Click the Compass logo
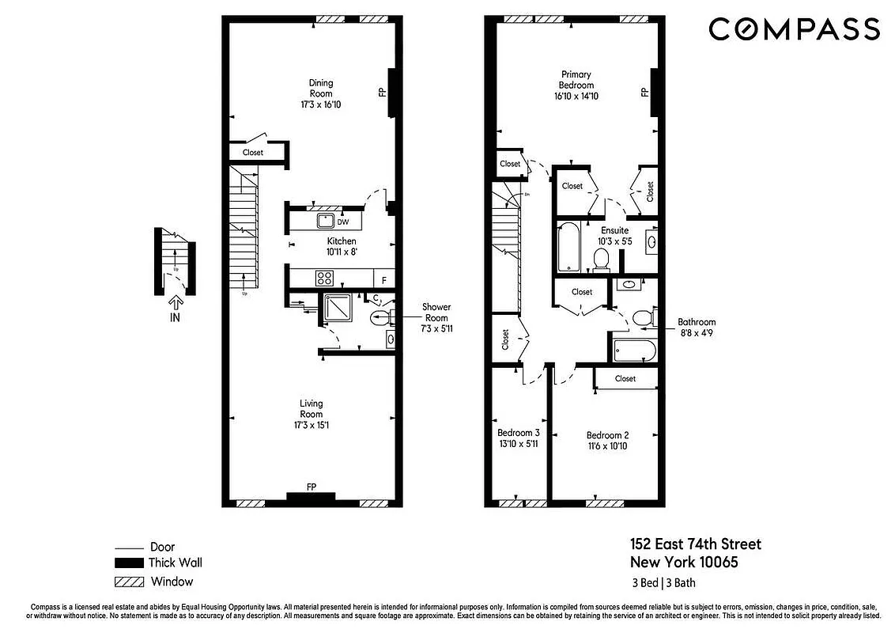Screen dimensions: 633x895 794,29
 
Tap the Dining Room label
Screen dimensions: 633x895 321,88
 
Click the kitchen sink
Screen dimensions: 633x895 325,220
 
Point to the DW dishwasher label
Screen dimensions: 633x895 343,222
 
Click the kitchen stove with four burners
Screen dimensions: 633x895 324,278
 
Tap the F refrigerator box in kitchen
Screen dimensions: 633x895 384,279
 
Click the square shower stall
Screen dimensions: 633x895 341,309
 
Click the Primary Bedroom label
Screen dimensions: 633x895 576,80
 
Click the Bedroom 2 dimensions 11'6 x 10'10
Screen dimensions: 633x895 608,446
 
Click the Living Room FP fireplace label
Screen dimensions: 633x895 312,487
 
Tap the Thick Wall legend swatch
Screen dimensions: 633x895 127,563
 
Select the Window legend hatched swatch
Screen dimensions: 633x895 127,582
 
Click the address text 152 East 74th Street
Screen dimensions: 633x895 696,544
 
